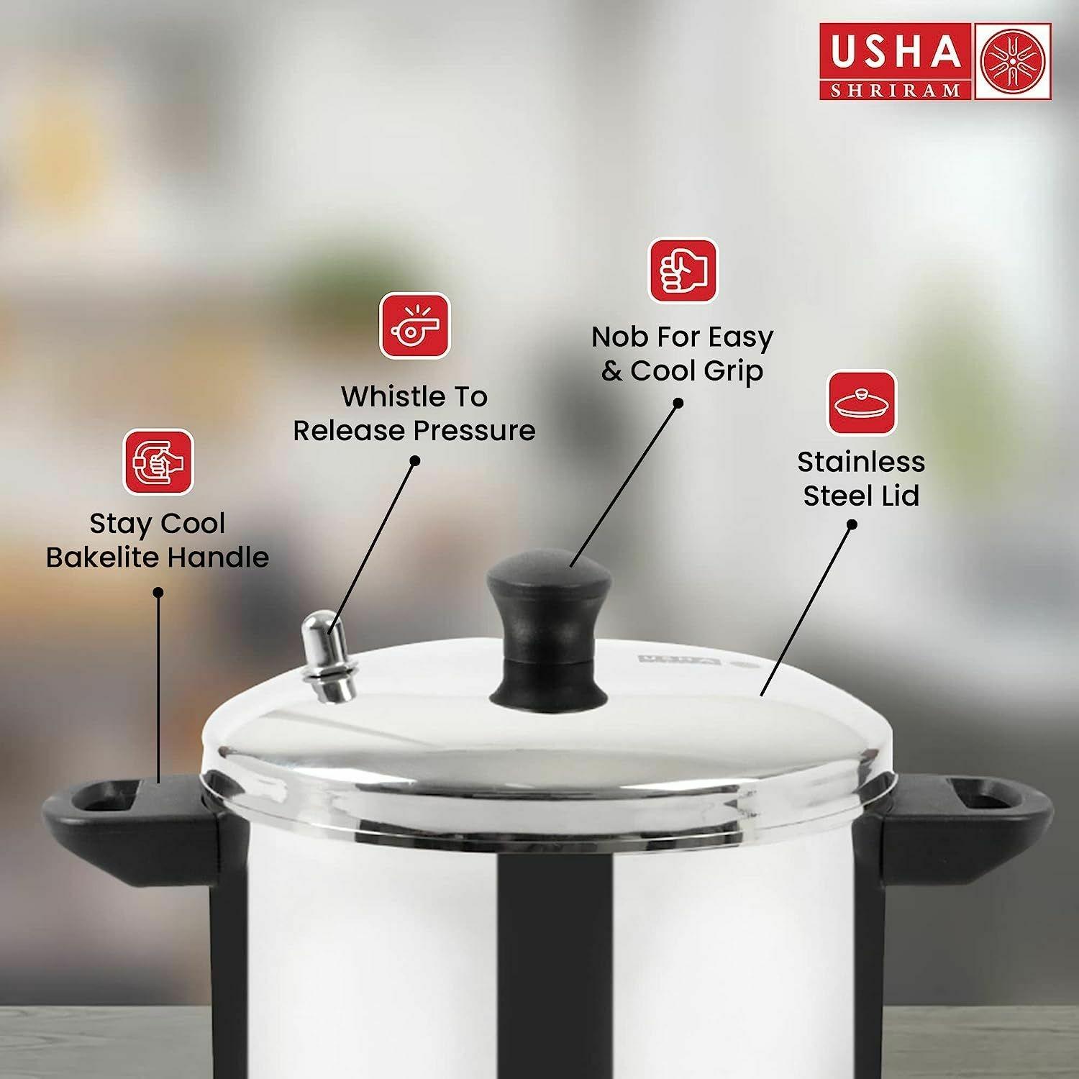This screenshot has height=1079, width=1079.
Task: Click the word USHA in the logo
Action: tap(896, 52)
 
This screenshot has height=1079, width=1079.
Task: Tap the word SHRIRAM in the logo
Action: tap(896, 90)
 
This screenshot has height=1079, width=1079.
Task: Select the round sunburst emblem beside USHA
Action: tap(1012, 61)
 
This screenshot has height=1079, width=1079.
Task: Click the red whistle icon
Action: tap(414, 325)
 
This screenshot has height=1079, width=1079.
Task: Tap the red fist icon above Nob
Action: tap(683, 271)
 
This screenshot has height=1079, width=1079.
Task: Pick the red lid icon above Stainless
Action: tap(862, 403)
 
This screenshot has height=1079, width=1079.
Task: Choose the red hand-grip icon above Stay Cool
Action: tap(158, 462)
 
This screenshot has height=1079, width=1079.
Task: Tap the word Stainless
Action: tap(861, 462)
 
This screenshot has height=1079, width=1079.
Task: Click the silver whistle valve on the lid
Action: tap(328, 656)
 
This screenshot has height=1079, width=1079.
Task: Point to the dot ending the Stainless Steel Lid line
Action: tap(852, 524)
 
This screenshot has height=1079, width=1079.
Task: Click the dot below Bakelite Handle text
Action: tap(158, 592)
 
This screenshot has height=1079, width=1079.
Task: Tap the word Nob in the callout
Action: tap(619, 337)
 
